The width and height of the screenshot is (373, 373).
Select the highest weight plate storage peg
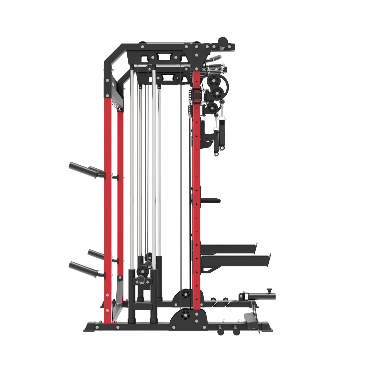coord(78,166)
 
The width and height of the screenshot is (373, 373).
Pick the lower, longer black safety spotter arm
coord(236,259)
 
